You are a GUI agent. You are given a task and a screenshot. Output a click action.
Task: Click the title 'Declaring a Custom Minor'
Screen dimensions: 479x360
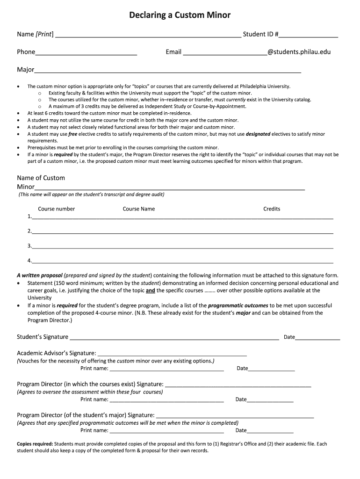tap(180, 15)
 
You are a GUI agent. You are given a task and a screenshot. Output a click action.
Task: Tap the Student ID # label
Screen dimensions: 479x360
tap(260, 34)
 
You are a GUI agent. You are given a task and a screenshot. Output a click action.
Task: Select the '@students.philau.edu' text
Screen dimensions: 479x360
tap(299, 52)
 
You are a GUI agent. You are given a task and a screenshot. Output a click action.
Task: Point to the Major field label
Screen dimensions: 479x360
tap(26, 70)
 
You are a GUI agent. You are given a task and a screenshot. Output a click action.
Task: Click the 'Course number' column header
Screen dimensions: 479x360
tap(57, 209)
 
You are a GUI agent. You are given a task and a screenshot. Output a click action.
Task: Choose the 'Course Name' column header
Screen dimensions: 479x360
tap(139, 209)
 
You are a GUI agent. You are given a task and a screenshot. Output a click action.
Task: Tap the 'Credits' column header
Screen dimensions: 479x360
tap(272, 209)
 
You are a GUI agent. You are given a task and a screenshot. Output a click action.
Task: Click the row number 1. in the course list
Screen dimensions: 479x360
tap(29, 217)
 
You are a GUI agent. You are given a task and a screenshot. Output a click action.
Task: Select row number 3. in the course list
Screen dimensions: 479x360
tap(29, 246)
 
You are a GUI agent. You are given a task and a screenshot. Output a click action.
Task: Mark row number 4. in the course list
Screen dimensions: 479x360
tap(29, 261)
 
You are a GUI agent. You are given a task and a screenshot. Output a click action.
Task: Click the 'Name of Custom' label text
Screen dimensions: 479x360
tap(41, 178)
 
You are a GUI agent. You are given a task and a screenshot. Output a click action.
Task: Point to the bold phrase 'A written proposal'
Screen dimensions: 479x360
tap(39, 276)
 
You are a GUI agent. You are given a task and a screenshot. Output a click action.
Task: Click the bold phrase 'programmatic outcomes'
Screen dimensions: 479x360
tap(238, 305)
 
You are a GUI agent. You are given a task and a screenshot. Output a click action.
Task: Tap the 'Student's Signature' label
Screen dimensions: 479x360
tap(43, 337)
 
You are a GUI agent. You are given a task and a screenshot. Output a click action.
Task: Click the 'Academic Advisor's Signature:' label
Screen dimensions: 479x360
tap(57, 353)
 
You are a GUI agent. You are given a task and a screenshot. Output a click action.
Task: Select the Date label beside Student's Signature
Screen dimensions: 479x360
tap(289, 337)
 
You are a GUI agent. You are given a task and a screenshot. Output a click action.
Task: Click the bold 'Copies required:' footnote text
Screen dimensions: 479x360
tap(35, 444)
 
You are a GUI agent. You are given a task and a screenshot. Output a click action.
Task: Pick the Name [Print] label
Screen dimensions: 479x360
tap(35, 34)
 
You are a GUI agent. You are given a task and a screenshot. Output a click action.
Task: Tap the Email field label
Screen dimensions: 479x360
tap(173, 52)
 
